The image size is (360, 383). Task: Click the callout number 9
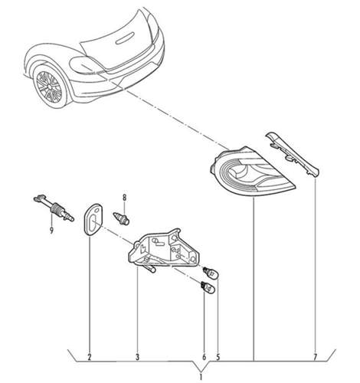51,231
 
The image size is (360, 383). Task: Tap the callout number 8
124,198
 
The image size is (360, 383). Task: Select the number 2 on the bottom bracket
90,357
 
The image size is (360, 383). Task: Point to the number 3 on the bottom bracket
137,357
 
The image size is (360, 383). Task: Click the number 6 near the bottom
204,357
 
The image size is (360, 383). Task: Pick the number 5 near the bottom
218,357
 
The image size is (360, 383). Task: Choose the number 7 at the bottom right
315,357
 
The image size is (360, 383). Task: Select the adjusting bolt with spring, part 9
54,209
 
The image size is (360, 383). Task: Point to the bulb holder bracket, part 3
164,249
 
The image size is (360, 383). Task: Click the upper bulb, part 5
212,273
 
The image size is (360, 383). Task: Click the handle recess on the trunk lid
126,38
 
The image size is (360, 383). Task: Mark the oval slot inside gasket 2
93,221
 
